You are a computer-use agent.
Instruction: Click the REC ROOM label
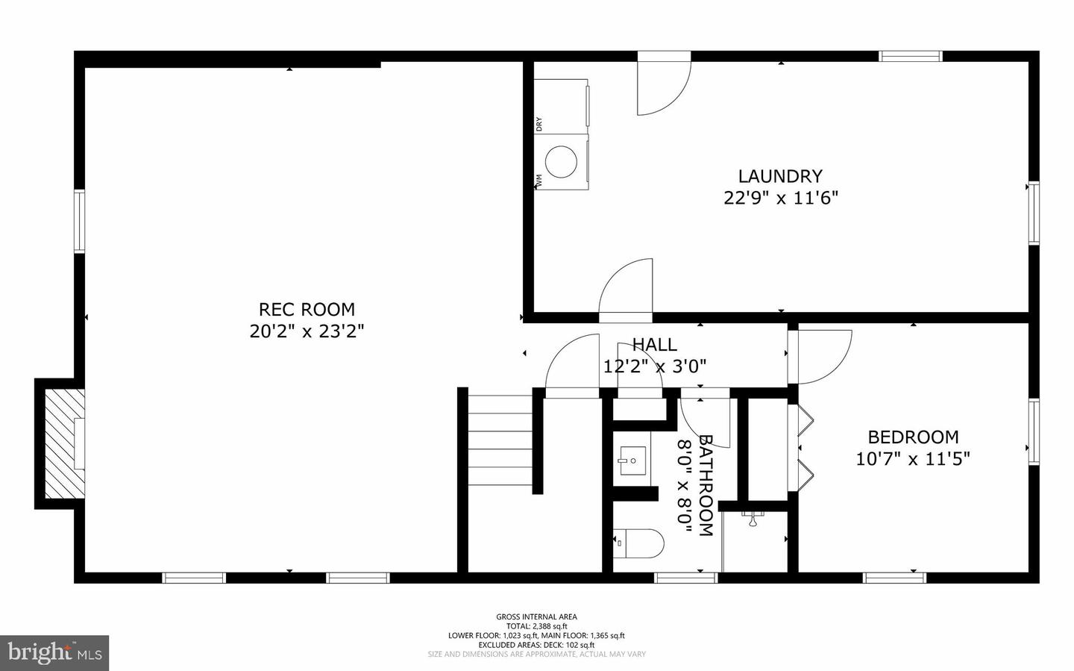[307, 309]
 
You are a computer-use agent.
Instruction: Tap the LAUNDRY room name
[780, 176]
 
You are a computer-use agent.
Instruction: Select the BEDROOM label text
[913, 437]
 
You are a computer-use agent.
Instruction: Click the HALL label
[654, 344]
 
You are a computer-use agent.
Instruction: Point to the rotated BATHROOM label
[705, 485]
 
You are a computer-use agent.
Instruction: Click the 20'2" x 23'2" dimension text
[307, 331]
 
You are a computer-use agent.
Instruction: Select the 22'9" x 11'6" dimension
[781, 198]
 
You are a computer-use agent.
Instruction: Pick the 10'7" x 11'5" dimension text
[912, 458]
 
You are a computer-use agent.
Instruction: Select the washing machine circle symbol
[561, 161]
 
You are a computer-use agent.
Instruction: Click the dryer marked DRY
[562, 104]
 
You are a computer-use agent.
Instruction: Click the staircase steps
[500, 440]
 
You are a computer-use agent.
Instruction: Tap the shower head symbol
[753, 518]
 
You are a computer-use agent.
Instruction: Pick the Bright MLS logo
[54, 653]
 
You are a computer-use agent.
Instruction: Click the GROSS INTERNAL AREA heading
[536, 617]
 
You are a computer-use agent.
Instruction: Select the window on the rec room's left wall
[79, 222]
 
